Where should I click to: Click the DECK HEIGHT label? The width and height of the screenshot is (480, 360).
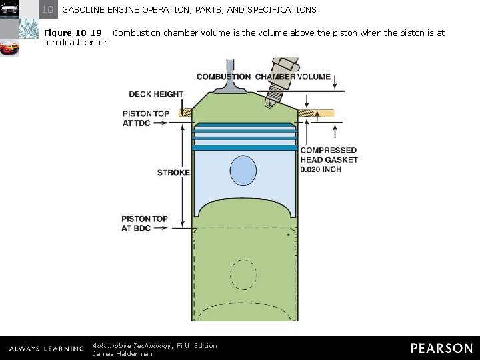click(156, 95)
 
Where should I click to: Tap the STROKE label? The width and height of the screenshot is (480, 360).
click(173, 173)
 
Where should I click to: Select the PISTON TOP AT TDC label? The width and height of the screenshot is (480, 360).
click(145, 119)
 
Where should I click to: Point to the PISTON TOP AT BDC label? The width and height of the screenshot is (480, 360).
click(145, 224)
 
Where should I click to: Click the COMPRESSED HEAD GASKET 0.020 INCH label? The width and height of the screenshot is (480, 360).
click(329, 160)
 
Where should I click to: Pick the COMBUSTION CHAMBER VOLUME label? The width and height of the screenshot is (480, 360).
click(263, 77)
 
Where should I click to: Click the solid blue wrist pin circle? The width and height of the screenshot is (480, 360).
click(243, 170)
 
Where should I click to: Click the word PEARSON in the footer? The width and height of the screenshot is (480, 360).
click(441, 348)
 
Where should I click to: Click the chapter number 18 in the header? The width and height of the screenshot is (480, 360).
click(47, 9)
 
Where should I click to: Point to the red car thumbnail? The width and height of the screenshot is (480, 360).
click(9, 48)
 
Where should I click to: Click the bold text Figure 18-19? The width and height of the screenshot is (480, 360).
click(73, 33)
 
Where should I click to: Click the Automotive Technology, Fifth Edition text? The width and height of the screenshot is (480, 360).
click(155, 345)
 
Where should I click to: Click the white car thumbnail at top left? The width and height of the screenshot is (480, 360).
click(9, 9)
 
